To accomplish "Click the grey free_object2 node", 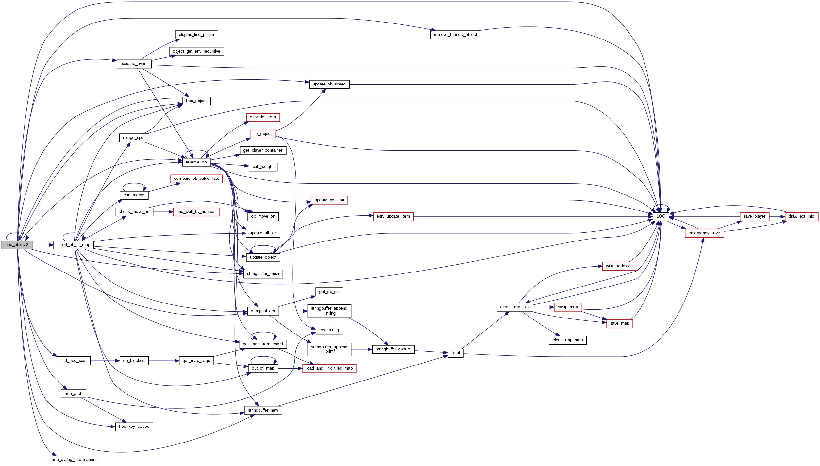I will pyautogui.click(x=17, y=245).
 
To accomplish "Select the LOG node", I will pyautogui.click(x=661, y=216).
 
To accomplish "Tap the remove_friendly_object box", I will pyautogui.click(x=455, y=35).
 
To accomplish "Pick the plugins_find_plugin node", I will pyautogui.click(x=196, y=35).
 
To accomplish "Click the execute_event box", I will pyautogui.click(x=134, y=64).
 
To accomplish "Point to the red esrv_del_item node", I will pyautogui.click(x=263, y=117).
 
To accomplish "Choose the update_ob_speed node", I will pyautogui.click(x=329, y=84).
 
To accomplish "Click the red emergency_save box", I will pyautogui.click(x=704, y=233).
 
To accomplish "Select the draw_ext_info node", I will pyautogui.click(x=801, y=216).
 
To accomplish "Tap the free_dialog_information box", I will pyautogui.click(x=74, y=460).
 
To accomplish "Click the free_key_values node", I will pyautogui.click(x=134, y=427).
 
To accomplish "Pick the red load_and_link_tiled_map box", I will pyautogui.click(x=329, y=368).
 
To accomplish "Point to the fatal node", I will pyautogui.click(x=456, y=353).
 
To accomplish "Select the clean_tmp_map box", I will pyautogui.click(x=568, y=340).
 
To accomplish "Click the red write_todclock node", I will pyautogui.click(x=619, y=266).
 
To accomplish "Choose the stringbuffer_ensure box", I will pyautogui.click(x=393, y=349).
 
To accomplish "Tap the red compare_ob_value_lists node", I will pyautogui.click(x=196, y=179).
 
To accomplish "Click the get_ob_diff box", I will pyautogui.click(x=329, y=292).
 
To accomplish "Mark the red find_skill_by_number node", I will pyautogui.click(x=196, y=212).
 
